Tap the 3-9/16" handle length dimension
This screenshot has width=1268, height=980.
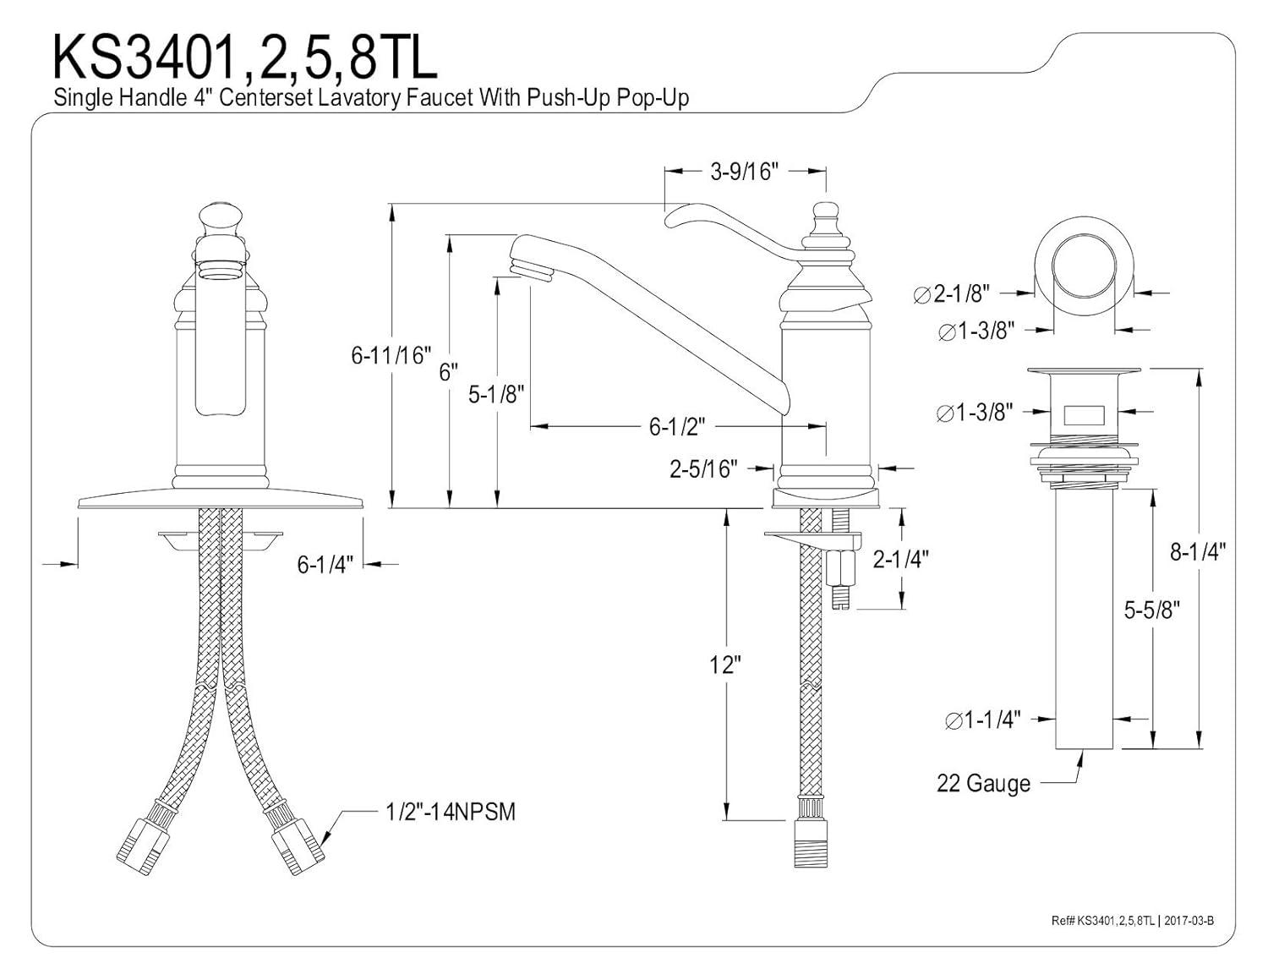[743, 172]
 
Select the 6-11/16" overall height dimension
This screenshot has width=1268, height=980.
[391, 356]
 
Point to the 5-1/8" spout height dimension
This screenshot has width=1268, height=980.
[497, 393]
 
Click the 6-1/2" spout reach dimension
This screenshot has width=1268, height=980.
[676, 427]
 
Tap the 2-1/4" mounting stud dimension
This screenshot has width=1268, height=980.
[900, 559]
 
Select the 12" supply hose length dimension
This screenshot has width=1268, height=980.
[724, 665]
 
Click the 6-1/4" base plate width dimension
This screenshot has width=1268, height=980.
[324, 564]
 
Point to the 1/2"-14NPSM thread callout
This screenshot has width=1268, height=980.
[450, 812]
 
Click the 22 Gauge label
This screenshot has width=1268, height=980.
[983, 784]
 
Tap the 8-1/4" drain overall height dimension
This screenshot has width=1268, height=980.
[1197, 552]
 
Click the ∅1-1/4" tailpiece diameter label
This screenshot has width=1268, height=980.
[982, 720]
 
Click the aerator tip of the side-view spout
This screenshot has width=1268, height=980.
[530, 271]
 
